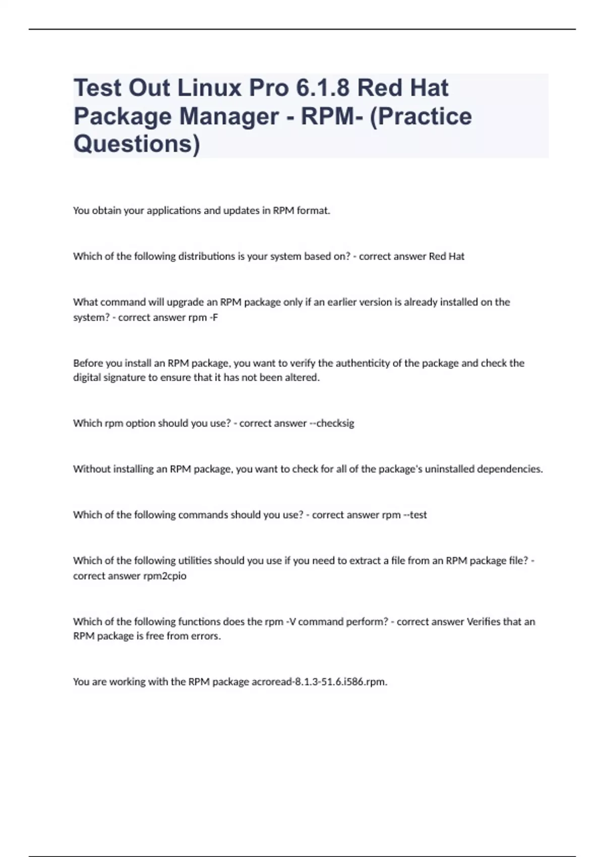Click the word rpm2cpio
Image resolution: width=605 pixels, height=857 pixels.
point(165,576)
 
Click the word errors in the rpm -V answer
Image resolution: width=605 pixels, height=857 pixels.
point(206,636)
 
